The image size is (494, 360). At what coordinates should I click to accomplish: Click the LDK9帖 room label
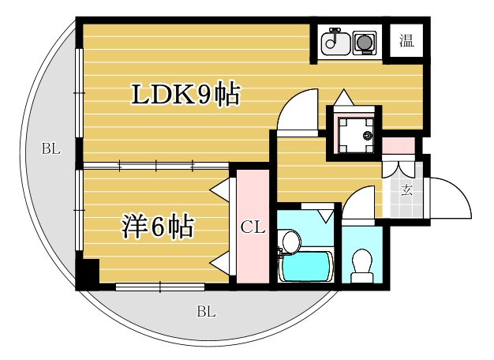click(185, 95)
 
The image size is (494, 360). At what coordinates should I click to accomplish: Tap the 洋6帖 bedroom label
click(158, 227)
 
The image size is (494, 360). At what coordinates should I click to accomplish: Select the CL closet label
click(253, 227)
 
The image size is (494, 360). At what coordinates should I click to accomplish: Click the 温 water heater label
click(406, 40)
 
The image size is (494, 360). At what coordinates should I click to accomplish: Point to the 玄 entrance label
click(406, 190)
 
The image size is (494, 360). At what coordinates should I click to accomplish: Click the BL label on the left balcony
click(51, 148)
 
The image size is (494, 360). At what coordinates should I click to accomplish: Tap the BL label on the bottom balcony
click(206, 312)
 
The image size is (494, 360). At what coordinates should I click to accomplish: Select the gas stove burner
click(365, 43)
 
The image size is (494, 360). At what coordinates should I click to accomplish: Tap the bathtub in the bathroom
click(306, 267)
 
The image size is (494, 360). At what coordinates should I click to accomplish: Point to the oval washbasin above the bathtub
click(291, 241)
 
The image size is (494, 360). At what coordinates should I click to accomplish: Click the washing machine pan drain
click(368, 136)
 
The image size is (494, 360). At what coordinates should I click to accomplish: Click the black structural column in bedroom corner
click(88, 271)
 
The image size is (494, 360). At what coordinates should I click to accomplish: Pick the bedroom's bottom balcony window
click(160, 287)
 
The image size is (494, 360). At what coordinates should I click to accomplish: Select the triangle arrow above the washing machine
click(344, 97)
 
